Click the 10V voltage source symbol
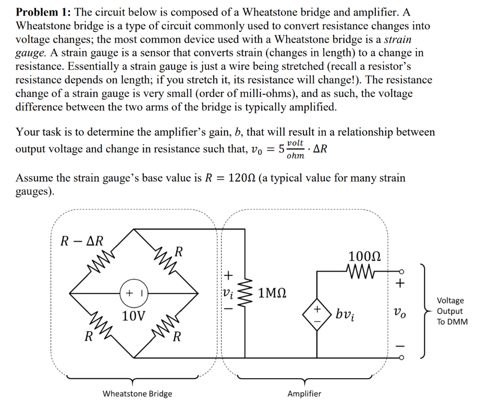[134, 294]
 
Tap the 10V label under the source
[133, 316]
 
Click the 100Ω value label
[364, 256]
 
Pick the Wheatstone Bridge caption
[137, 393]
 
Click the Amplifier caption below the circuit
[304, 393]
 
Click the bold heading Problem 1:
[43, 12]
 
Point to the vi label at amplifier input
[227, 292]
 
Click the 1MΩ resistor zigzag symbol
[246, 293]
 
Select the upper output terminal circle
[401, 272]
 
